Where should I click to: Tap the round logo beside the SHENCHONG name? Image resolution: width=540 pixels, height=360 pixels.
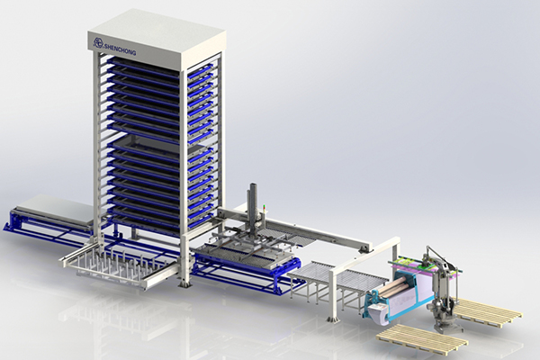click(97, 43)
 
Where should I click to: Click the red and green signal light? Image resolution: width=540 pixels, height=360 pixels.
click(265, 208)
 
